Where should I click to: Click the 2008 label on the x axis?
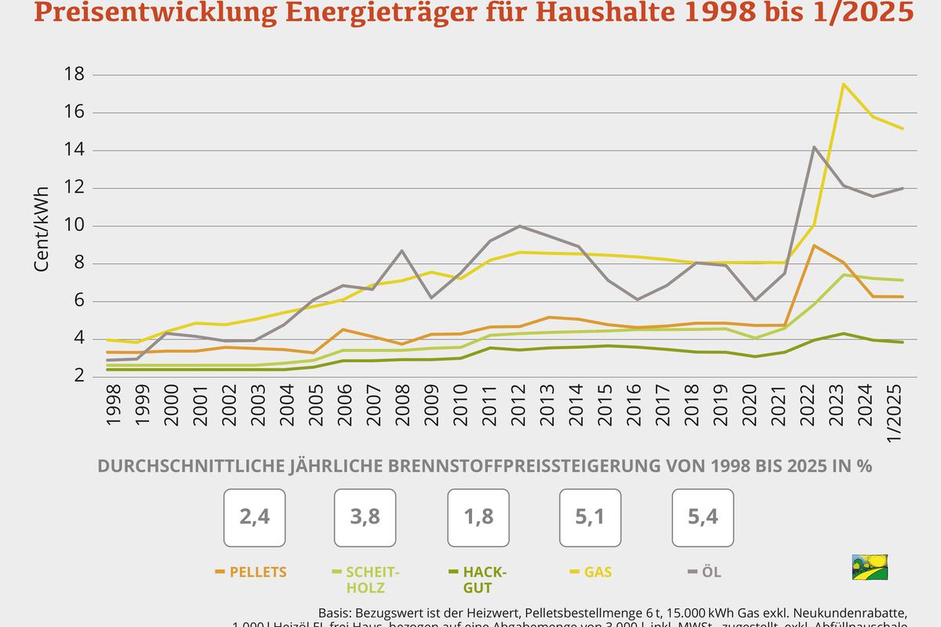(x=401, y=406)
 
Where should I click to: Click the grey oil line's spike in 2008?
(x=401, y=251)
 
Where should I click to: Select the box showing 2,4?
(x=254, y=517)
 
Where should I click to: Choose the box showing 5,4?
(x=703, y=517)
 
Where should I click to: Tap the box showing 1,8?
(x=478, y=517)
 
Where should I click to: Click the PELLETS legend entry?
(x=251, y=572)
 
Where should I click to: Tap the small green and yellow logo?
(x=870, y=567)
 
